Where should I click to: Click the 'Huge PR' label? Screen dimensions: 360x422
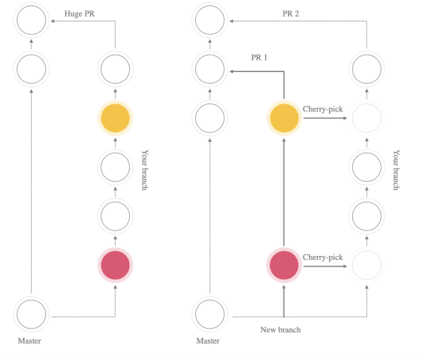pos(79,13)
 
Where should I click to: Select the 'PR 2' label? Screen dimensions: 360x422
pos(292,13)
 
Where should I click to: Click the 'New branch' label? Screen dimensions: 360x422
pos(280,330)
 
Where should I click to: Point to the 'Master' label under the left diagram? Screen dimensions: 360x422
pos(29,341)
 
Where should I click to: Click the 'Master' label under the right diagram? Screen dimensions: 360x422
pos(208,341)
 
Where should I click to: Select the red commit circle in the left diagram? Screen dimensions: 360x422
pos(115,265)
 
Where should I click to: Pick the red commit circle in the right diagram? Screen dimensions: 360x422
pos(283,265)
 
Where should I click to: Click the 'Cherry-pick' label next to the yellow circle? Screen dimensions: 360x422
pos(323,109)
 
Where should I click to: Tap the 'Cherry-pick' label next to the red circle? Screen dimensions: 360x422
pos(323,257)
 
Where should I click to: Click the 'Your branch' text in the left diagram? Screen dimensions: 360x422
pos(144,170)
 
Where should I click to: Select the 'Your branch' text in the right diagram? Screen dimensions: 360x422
pos(396,170)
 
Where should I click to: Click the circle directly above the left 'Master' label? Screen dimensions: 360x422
pos(31,314)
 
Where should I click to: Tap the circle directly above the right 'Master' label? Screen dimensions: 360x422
pos(209,314)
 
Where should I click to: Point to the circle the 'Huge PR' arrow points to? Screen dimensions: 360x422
pos(31,22)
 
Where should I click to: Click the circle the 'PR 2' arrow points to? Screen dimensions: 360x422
pos(209,22)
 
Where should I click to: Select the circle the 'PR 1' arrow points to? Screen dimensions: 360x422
pos(209,70)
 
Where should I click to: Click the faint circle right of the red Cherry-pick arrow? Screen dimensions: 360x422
pos(367,265)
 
